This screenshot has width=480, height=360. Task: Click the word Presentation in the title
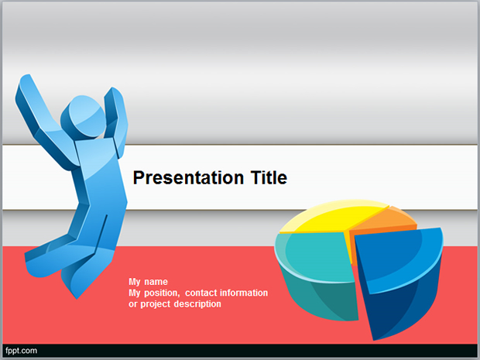point(188,178)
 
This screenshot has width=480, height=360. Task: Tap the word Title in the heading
point(269,177)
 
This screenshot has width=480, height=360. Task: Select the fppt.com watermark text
point(21,351)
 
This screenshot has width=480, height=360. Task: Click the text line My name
point(148,282)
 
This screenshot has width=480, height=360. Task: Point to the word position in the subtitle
point(162,293)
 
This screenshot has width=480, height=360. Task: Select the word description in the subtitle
point(197,304)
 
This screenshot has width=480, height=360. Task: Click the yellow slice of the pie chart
point(334,218)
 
